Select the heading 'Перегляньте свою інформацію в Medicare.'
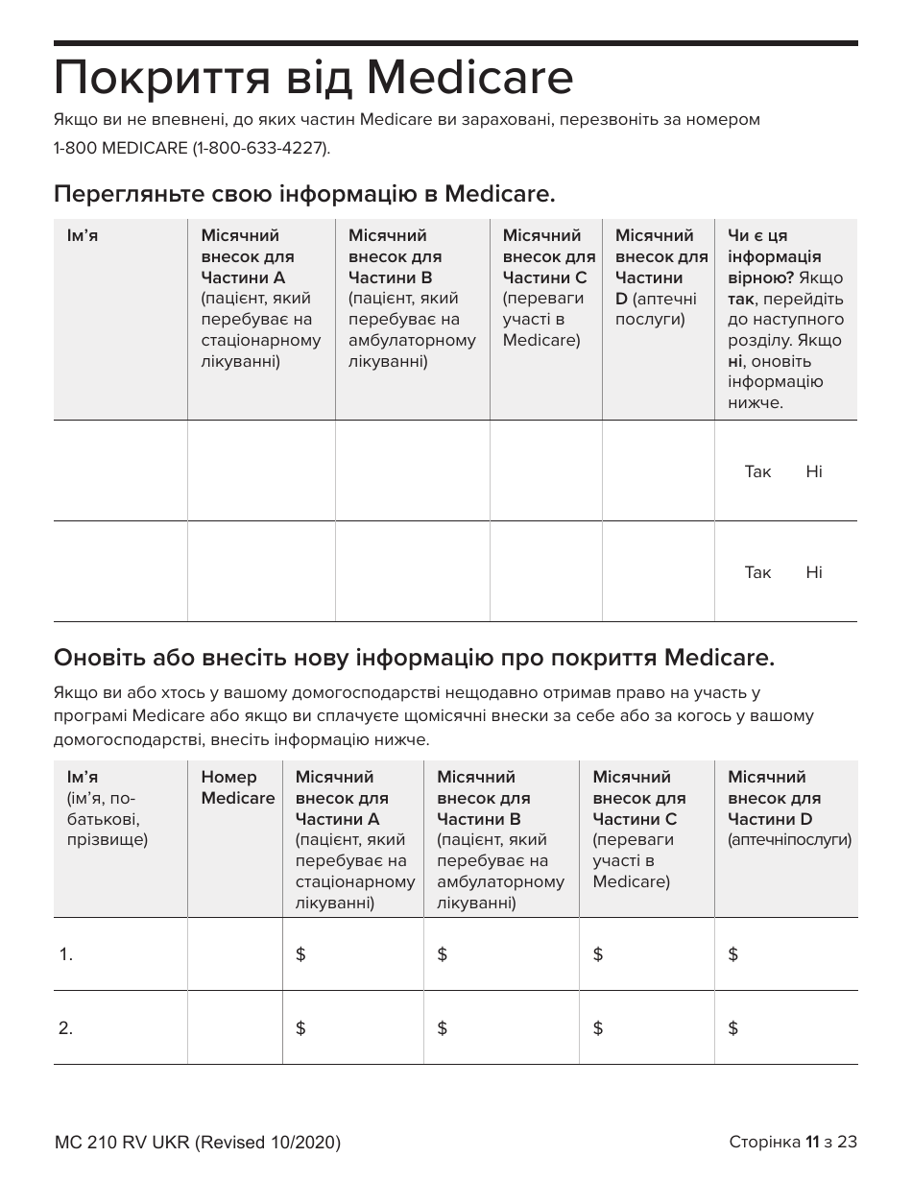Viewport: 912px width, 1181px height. [304, 194]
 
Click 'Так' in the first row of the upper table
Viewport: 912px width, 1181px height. [757, 471]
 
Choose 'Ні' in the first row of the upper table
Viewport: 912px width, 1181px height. [814, 471]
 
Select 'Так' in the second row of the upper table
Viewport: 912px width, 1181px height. [757, 572]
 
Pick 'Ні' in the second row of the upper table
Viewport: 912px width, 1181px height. [814, 572]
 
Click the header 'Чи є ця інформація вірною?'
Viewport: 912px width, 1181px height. [774, 256]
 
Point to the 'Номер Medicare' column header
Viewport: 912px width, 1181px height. [237, 787]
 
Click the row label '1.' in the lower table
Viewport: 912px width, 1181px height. [66, 954]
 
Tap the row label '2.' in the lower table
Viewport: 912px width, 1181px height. [66, 1028]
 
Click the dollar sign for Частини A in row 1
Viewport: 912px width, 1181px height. [300, 954]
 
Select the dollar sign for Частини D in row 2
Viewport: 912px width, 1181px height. [733, 1028]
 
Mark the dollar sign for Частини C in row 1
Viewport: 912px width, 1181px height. [598, 954]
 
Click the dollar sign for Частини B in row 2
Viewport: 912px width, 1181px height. [442, 1028]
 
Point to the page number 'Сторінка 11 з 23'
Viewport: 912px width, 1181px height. [793, 1142]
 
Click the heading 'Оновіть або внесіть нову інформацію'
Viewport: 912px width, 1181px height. [414, 659]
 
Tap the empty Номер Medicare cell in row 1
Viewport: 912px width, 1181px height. [234, 954]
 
